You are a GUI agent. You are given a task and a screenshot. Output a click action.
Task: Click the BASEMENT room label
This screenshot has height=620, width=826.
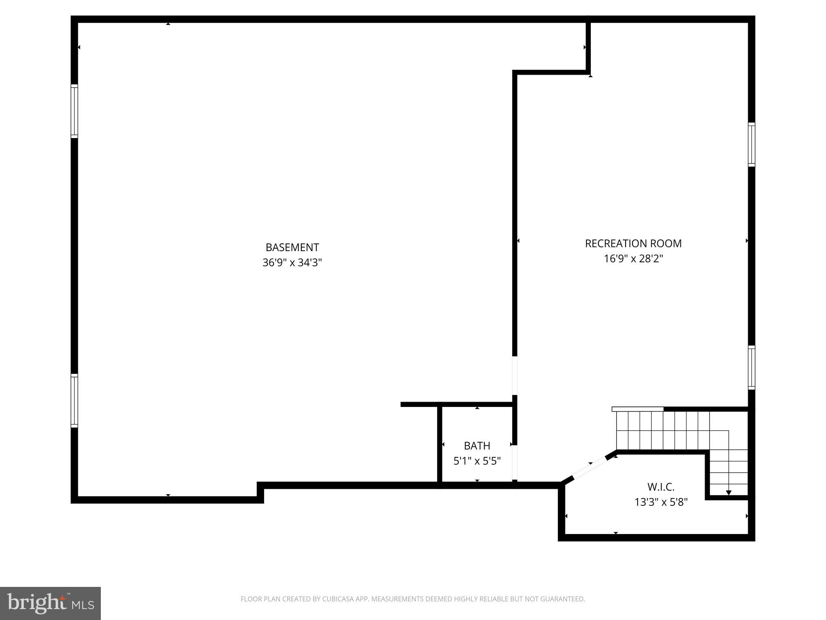point(292,247)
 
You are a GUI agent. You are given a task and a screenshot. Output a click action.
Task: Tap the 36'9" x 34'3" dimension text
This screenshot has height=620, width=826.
point(292,263)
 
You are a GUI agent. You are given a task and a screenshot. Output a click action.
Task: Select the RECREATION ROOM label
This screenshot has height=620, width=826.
point(633,243)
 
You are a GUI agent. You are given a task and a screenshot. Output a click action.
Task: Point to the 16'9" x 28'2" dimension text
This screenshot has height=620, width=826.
point(633,259)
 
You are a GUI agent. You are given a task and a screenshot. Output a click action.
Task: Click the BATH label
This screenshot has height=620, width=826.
point(477,446)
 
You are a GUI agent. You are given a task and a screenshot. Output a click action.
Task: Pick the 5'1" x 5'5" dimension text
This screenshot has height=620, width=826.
point(477,461)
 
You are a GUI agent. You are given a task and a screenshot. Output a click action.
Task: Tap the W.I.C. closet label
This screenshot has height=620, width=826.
point(661,487)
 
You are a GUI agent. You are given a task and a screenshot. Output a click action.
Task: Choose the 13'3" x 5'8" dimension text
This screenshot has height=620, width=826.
point(661,502)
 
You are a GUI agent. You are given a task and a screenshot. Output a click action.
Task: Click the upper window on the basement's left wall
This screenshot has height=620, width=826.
point(74,111)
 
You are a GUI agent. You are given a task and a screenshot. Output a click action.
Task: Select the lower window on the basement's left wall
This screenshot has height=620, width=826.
point(74,400)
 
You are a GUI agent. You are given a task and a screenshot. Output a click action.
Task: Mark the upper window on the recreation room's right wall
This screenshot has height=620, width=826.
point(751,145)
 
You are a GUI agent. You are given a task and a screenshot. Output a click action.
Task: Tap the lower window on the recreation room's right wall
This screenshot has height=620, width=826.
point(751,367)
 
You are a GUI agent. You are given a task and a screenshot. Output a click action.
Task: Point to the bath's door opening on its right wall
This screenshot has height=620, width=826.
point(515,463)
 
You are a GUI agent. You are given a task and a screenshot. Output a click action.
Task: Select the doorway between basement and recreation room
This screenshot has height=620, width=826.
point(515,375)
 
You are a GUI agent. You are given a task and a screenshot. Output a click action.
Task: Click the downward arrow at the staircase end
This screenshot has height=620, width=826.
point(728,492)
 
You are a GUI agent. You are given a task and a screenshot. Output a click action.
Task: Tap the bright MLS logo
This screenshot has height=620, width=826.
point(50,603)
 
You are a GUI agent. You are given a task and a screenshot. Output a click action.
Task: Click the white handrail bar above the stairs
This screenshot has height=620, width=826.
point(637,409)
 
